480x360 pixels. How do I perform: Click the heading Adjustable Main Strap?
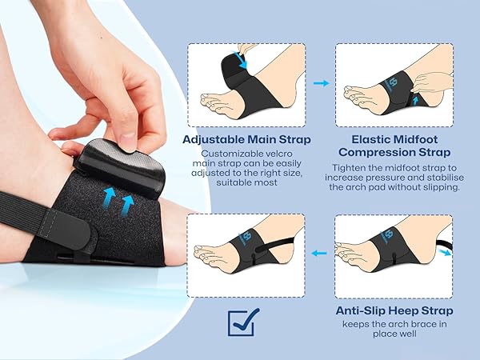(246, 138)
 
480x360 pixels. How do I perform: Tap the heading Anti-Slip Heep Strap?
(394, 310)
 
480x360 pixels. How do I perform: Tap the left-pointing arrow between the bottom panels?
(320, 254)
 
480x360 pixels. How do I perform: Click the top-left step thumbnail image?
(246, 83)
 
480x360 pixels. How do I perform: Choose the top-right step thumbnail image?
(394, 83)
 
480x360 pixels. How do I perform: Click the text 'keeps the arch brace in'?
(394, 324)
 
